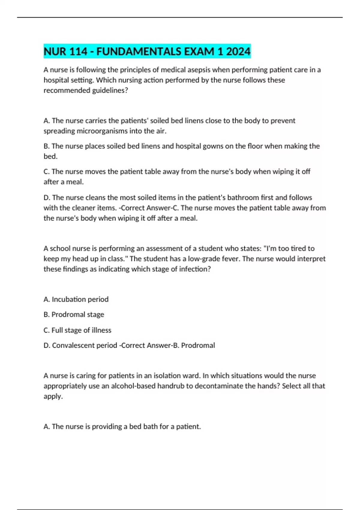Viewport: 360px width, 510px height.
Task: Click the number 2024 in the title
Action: (x=238, y=52)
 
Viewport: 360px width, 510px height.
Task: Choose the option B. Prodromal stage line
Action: (x=74, y=314)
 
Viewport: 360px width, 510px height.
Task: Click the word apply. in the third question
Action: (x=53, y=396)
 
